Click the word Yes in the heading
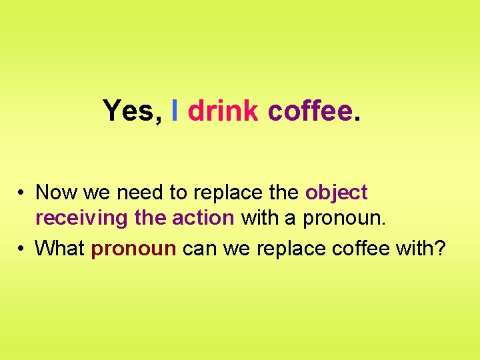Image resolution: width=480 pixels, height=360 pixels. tap(127, 111)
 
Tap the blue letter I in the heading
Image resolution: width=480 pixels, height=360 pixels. tap(175, 111)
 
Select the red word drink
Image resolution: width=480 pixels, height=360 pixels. tap(223, 111)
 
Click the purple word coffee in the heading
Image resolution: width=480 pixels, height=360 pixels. tap(309, 111)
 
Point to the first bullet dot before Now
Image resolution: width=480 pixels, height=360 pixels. tap(22, 193)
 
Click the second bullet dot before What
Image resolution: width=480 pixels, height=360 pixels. tap(22, 249)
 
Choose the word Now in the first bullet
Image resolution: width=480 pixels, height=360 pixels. tap(55, 193)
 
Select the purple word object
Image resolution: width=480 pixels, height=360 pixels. tap(336, 193)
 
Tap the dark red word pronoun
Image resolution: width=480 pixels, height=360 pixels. tap(133, 249)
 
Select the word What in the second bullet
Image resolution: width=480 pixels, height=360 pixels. tap(59, 249)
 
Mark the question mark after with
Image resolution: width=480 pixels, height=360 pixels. tap(440, 249)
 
